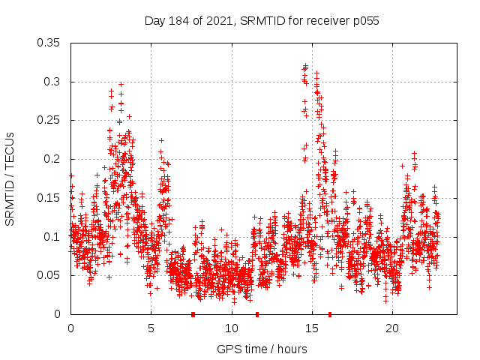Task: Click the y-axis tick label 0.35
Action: [x=49, y=43]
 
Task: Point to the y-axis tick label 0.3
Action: [x=52, y=82]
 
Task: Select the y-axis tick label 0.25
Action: [x=49, y=120]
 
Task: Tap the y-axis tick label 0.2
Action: [x=52, y=159]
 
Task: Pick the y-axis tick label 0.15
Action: [x=49, y=198]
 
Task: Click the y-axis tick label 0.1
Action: [x=52, y=236]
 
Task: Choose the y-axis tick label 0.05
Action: [x=49, y=275]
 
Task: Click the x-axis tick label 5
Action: [x=151, y=328]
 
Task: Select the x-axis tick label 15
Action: [x=312, y=328]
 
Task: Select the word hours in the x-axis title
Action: [x=291, y=349]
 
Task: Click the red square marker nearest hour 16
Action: [x=329, y=314]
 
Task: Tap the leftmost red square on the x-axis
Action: [x=193, y=314]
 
